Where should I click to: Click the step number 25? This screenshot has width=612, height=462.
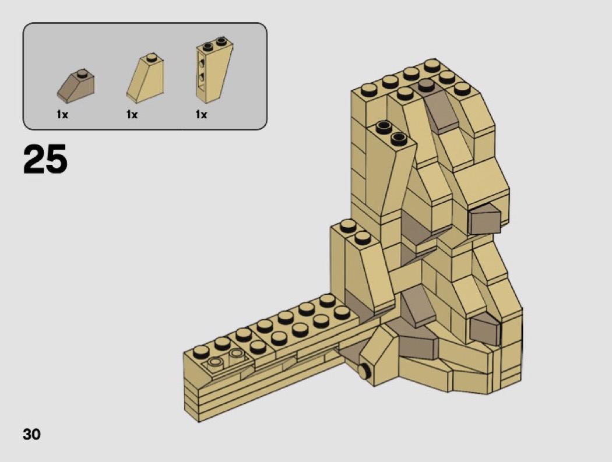click(45, 158)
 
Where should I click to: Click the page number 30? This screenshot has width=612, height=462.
click(31, 434)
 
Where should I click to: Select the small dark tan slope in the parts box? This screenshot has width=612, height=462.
click(76, 86)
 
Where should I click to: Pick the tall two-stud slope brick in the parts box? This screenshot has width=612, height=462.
click(214, 70)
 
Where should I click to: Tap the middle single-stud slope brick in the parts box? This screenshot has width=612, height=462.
click(145, 78)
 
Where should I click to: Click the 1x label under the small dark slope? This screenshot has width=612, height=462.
click(62, 114)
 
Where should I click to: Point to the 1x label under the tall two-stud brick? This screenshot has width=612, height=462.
click(202, 114)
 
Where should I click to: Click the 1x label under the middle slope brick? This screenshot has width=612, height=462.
click(132, 114)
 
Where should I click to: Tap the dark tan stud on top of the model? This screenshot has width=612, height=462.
click(426, 84)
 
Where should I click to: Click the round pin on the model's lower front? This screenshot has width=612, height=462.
click(364, 371)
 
